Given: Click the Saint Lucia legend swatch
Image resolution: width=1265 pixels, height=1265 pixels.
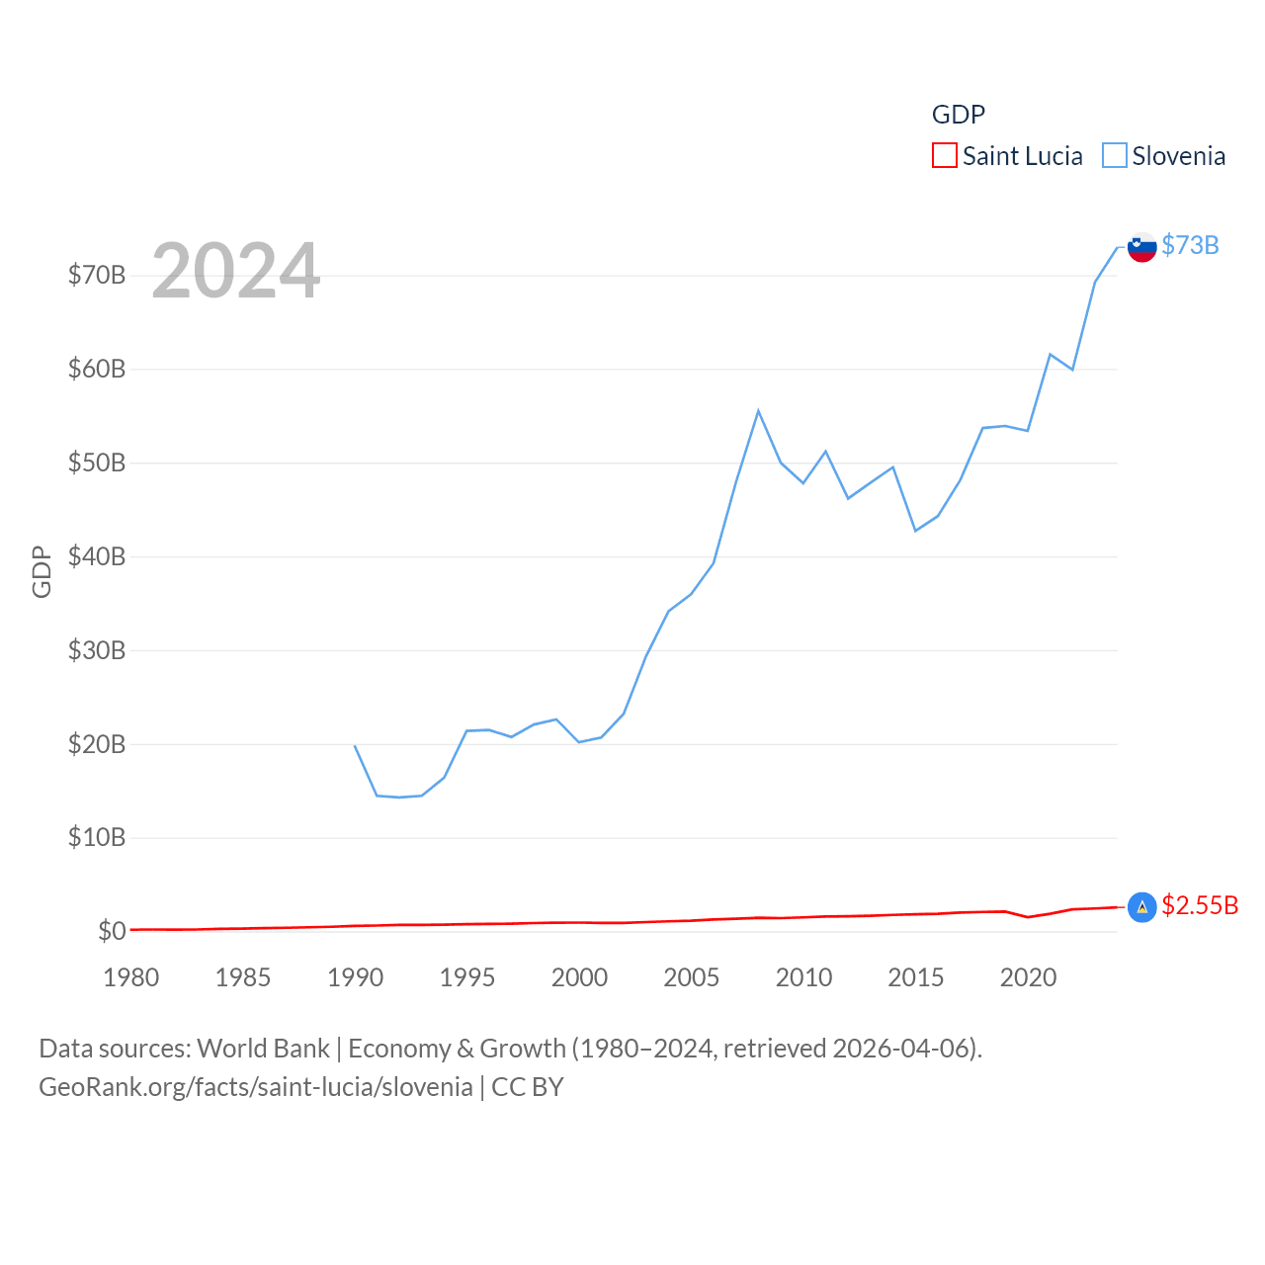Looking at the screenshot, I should coord(945,156).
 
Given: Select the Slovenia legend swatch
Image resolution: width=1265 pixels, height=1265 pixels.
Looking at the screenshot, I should coord(1115,156).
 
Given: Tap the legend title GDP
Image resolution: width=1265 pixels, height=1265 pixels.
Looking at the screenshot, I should coord(958,115).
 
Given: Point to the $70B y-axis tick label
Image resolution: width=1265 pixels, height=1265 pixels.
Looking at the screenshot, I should coord(97,275).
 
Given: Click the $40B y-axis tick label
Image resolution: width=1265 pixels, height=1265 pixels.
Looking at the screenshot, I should coord(97,556).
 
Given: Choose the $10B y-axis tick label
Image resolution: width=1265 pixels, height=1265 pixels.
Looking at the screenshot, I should coord(97,837).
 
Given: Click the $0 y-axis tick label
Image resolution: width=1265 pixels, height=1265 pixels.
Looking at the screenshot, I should coord(112,931).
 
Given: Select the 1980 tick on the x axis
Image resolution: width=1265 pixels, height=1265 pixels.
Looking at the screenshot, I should coord(131,977).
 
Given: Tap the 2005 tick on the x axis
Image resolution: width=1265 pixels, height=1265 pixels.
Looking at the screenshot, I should coord(692,977).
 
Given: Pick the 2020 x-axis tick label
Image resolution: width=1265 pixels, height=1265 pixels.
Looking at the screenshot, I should coord(1028,977).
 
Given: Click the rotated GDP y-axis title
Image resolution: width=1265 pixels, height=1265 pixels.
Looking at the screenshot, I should coord(42,571).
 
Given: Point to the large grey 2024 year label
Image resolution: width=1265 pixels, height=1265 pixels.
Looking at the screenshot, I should coord(235,270).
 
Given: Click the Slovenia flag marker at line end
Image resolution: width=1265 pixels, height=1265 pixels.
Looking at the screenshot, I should coord(1141,247).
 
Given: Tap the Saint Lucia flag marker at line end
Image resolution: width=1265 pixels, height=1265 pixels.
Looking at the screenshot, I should coord(1141,907).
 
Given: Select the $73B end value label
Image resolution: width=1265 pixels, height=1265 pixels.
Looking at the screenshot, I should coord(1190,245).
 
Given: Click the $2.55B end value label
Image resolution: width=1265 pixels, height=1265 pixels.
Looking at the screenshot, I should coord(1200,905).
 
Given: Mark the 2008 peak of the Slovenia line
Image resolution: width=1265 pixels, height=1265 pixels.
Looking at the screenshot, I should coord(758,411).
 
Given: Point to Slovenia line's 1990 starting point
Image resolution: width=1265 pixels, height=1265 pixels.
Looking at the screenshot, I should coord(355,746).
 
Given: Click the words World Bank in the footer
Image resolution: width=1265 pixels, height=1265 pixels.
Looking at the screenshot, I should coord(264,1048).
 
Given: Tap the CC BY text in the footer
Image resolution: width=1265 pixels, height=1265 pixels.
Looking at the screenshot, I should coord(528,1087).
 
